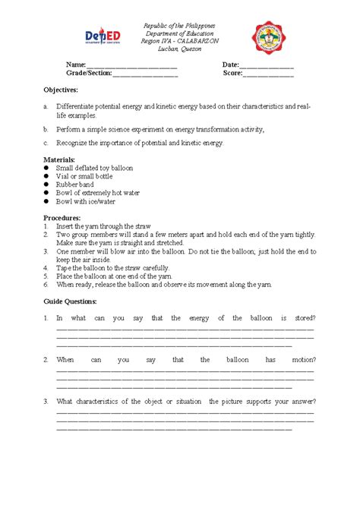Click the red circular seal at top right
(x=272, y=38)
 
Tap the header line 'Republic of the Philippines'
(x=180, y=26)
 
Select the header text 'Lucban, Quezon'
(x=180, y=49)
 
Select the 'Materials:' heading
(x=60, y=159)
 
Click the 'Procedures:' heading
(x=62, y=218)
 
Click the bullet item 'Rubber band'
(x=75, y=185)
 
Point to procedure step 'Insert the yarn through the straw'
(x=103, y=226)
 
